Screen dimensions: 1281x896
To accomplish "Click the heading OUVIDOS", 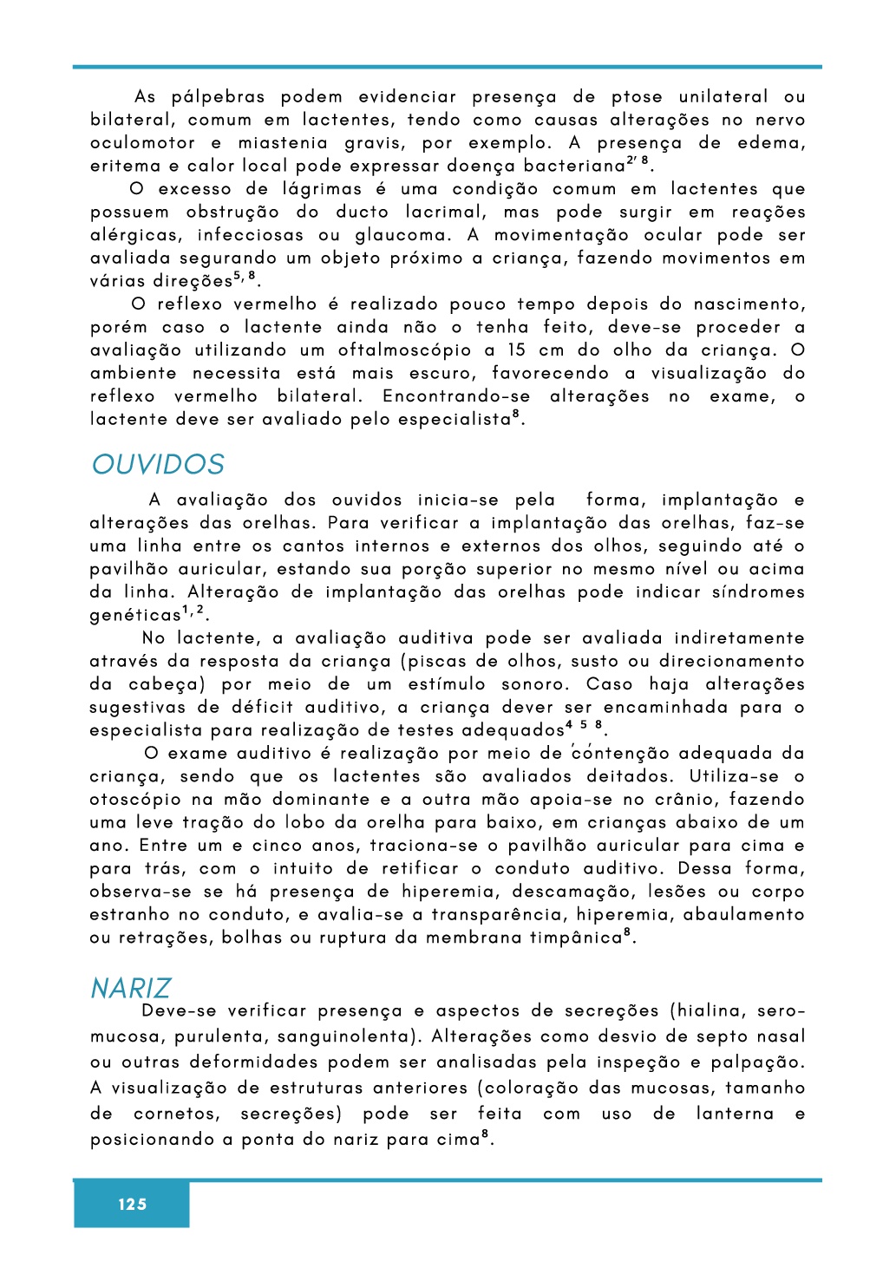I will tap(158, 465).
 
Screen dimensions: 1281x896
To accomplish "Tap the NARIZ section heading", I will tap(130, 988).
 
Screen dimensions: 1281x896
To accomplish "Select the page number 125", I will tap(132, 1204).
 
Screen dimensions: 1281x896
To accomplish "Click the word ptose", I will tap(636, 97).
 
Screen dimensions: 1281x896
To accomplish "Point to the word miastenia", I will tap(283, 143).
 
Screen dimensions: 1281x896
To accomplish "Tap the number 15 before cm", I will tap(517, 350).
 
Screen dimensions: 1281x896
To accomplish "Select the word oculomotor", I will tap(142, 143).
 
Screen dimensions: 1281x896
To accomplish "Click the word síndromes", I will tap(758, 592).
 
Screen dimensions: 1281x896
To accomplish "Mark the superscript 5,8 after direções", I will tap(245, 277).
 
